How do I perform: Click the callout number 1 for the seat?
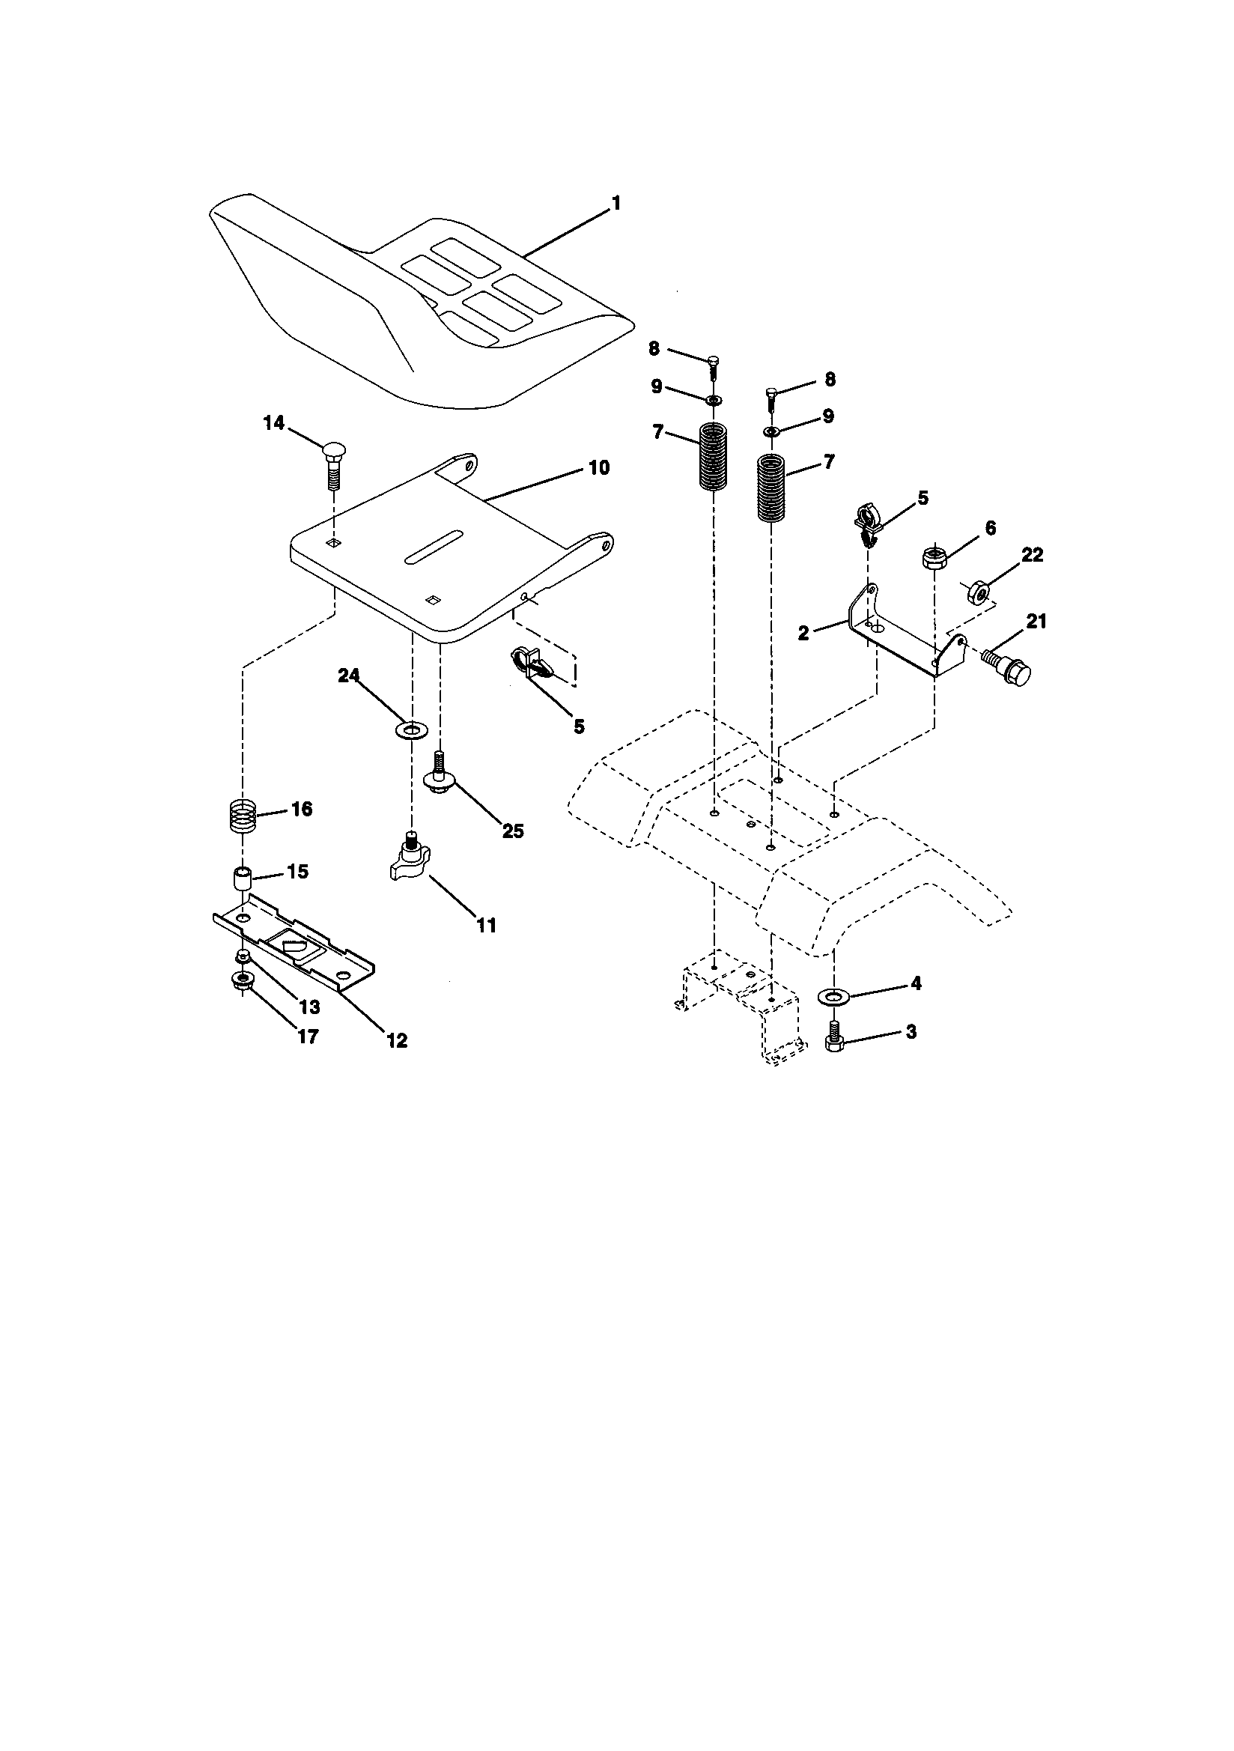coord(616,204)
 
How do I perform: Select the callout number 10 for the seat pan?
coord(599,467)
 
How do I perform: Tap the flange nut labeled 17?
coord(243,983)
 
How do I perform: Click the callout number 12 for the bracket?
coord(397,1040)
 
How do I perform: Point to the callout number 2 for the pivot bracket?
coord(803,633)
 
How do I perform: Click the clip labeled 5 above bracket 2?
coord(868,524)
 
